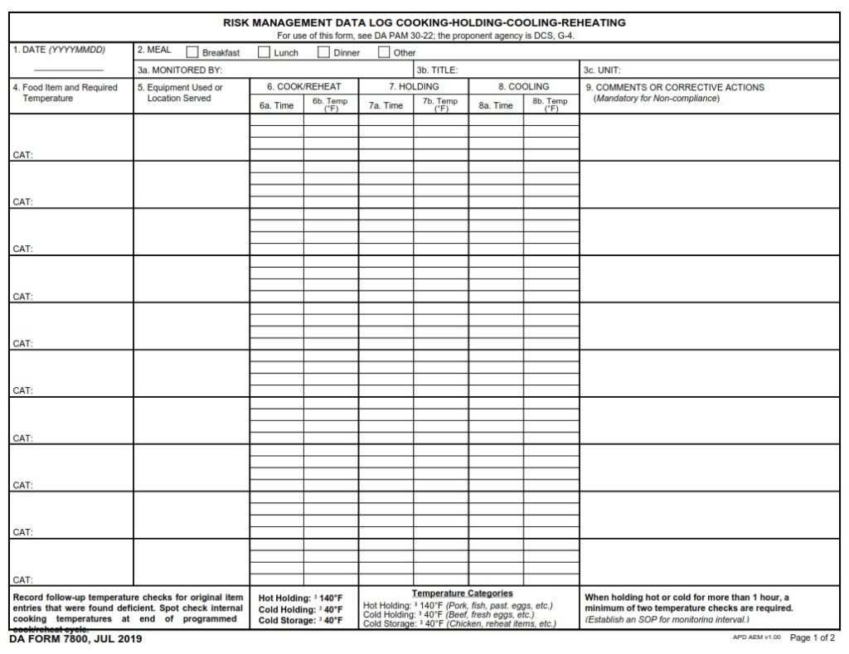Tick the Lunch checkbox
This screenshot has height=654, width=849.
[x=264, y=52]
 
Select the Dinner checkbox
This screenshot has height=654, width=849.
[x=324, y=52]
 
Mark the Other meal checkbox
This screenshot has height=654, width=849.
[x=384, y=52]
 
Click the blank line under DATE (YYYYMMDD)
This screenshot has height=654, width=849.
[x=69, y=70]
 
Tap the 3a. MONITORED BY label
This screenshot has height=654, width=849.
[x=180, y=70]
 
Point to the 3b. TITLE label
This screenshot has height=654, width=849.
[x=437, y=70]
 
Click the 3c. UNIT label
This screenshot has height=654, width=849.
[x=603, y=70]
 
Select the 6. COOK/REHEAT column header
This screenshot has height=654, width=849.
[x=303, y=86]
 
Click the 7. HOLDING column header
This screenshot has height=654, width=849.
[x=414, y=86]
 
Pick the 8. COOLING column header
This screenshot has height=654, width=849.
[x=523, y=86]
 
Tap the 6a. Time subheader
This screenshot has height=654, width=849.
[x=276, y=105]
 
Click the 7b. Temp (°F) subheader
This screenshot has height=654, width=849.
[x=440, y=104]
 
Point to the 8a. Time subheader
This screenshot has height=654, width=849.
[x=495, y=105]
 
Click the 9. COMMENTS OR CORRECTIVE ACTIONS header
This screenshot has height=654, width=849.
[x=675, y=87]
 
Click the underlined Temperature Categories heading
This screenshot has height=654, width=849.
[x=462, y=593]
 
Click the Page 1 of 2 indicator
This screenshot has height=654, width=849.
[x=813, y=638]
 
